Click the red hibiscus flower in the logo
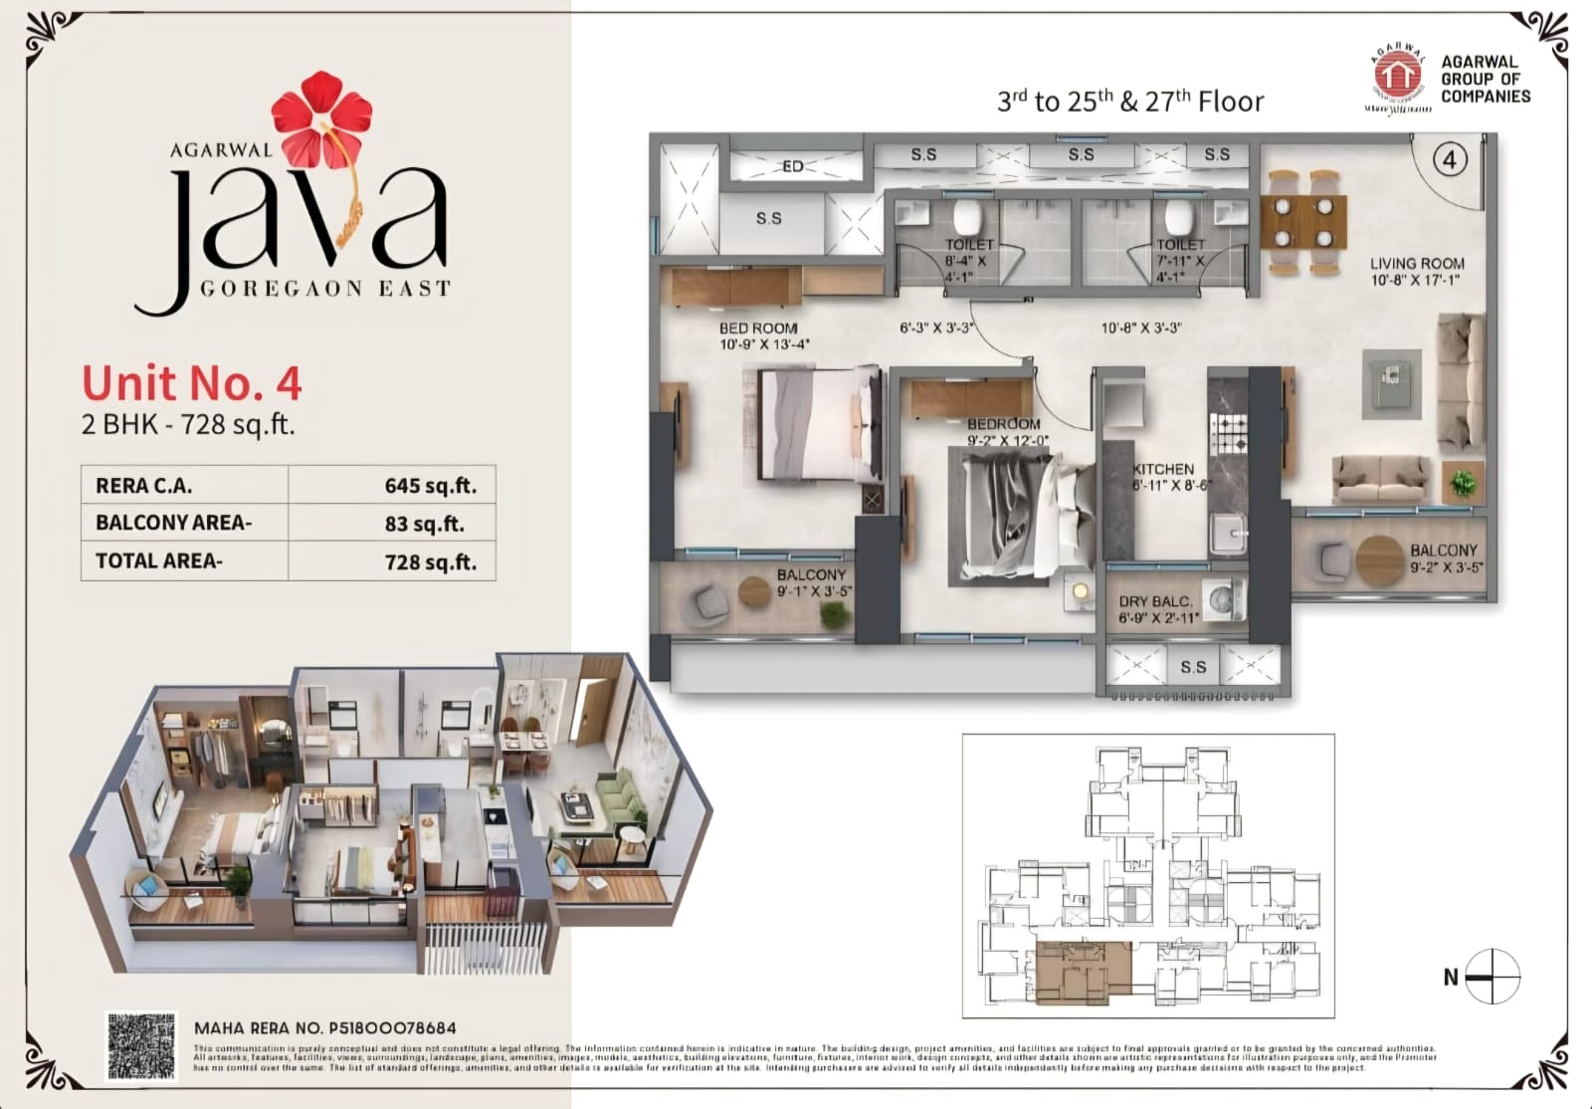tap(321, 117)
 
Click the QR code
tap(141, 1046)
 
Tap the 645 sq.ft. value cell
tap(430, 486)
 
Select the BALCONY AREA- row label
tap(174, 523)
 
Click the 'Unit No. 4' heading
tap(191, 383)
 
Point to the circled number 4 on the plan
tap(1451, 159)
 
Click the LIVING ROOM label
tap(1417, 264)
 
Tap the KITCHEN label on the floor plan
tap(1163, 469)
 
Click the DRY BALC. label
tap(1154, 601)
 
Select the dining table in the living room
tap(1303, 222)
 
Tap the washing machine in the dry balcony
tap(1223, 599)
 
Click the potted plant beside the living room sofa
tap(1463, 483)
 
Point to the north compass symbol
tap(1492, 978)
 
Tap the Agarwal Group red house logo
tap(1398, 74)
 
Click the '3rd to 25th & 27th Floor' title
tap(1130, 102)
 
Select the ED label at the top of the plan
tap(793, 166)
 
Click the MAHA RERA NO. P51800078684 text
tap(325, 1028)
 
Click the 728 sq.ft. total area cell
tap(430, 561)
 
